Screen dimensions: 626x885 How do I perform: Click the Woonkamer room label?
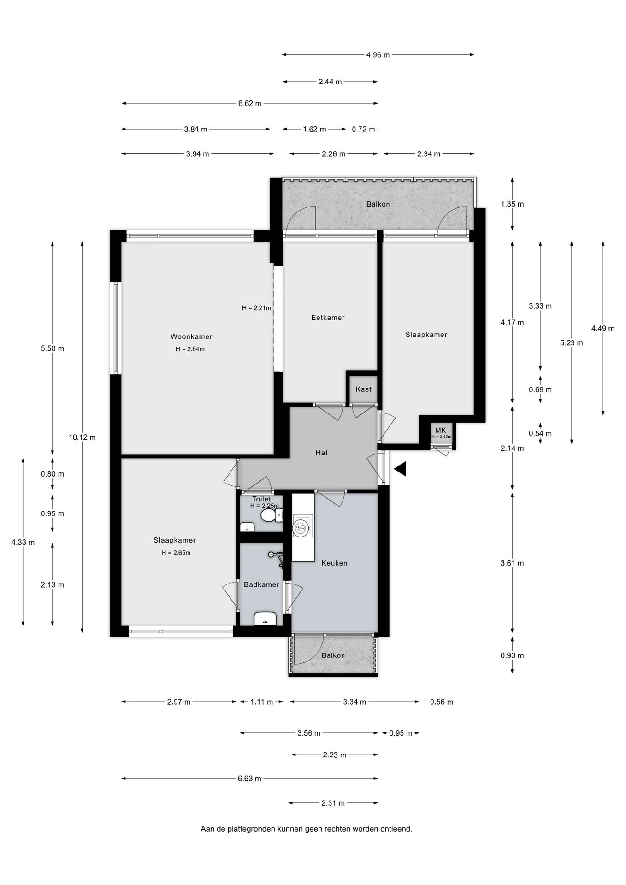(x=191, y=336)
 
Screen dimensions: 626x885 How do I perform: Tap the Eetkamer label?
(x=328, y=318)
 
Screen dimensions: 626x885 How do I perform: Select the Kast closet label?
(x=363, y=389)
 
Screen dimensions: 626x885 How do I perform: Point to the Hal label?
(x=321, y=453)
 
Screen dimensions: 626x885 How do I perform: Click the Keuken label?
(x=334, y=563)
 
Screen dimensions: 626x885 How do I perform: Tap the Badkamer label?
(x=261, y=584)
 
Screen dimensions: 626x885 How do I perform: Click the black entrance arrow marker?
(x=400, y=469)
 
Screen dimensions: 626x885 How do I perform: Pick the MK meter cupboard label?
(x=441, y=430)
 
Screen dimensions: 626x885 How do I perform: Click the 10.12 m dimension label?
(x=83, y=437)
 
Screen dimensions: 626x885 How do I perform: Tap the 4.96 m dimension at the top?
(x=378, y=55)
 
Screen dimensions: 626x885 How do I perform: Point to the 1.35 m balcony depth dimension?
(x=512, y=204)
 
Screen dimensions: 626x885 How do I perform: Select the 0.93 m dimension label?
(x=512, y=655)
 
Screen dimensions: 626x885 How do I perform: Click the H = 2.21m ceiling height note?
(x=256, y=308)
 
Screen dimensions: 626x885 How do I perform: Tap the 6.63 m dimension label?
(x=249, y=779)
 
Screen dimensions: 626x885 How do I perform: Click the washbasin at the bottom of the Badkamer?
(x=265, y=619)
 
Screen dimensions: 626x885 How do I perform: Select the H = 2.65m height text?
(x=176, y=553)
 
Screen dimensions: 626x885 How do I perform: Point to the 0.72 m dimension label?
(x=363, y=129)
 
